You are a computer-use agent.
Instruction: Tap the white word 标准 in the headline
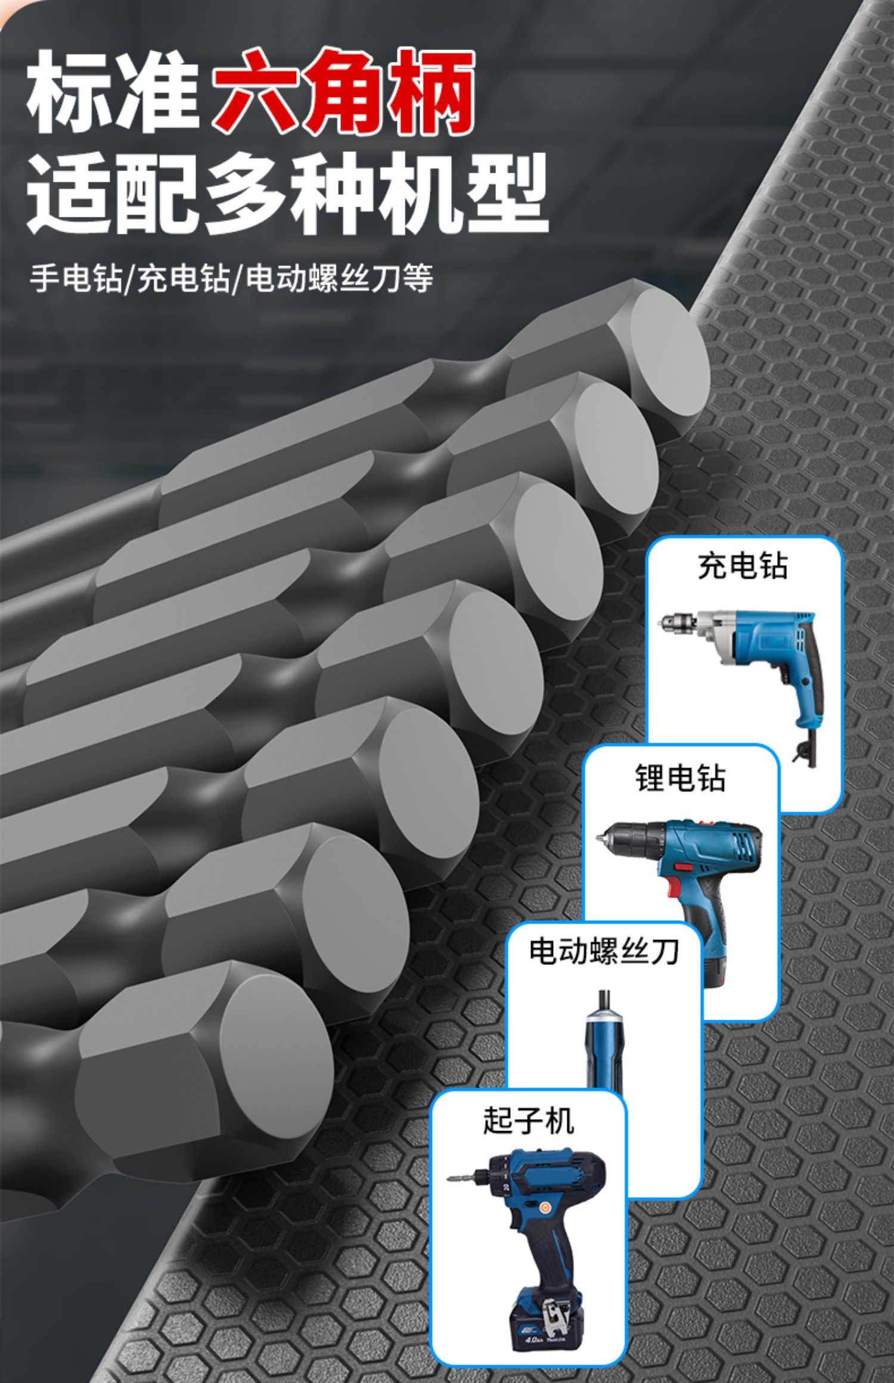coord(113,92)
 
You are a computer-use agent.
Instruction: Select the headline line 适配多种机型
coord(286,194)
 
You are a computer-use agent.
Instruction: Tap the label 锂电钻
coord(680,778)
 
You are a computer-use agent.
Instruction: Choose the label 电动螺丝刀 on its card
coord(604,951)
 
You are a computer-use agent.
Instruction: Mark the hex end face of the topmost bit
coord(670,354)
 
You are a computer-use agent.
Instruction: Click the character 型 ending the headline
coord(507,194)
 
